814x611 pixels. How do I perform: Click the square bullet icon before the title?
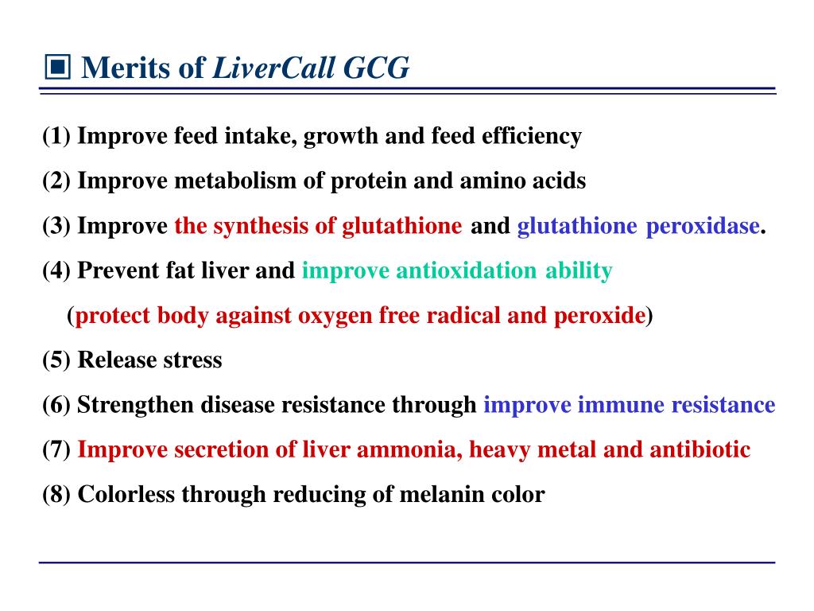click(x=57, y=68)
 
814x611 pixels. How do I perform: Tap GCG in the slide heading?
click(x=377, y=68)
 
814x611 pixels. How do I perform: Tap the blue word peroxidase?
click(x=702, y=227)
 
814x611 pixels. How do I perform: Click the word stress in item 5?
click(x=192, y=360)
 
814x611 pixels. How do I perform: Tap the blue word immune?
click(x=621, y=406)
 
